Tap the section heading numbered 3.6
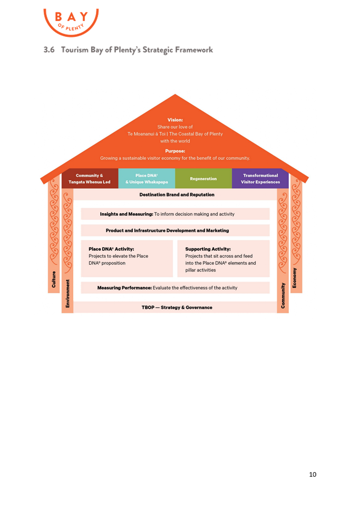coord(128,50)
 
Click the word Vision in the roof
coord(175,120)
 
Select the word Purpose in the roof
coord(175,151)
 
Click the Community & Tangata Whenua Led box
coord(90,179)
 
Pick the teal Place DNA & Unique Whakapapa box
coord(147,179)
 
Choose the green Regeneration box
coord(203,179)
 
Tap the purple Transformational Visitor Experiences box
coord(260,179)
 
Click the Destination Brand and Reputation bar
coord(177,195)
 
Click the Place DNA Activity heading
coord(111,249)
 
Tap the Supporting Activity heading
coord(208,249)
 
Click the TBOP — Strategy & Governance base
coord(177,307)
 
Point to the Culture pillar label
coord(54,280)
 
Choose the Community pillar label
coord(283,295)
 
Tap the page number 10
coord(313,475)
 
